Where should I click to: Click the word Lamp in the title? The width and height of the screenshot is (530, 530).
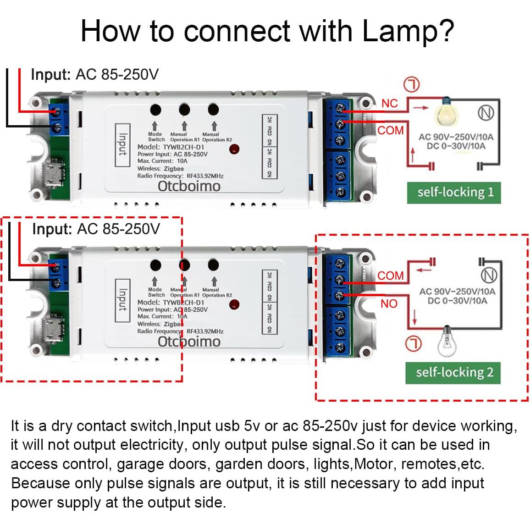pyautogui.click(x=398, y=31)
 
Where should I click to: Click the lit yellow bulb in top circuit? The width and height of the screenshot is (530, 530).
pyautogui.click(x=445, y=112)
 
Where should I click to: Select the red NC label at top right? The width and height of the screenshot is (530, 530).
pyautogui.click(x=389, y=104)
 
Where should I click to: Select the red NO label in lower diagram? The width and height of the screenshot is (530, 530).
pyautogui.click(x=389, y=304)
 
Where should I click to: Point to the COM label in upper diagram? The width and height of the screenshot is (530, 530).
pyautogui.click(x=390, y=131)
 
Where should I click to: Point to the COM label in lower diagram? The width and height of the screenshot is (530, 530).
pyautogui.click(x=390, y=276)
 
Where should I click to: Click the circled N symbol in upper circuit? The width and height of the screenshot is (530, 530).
pyautogui.click(x=486, y=113)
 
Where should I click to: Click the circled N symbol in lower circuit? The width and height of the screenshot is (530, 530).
pyautogui.click(x=489, y=275)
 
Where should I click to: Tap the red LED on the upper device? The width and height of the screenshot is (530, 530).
pyautogui.click(x=234, y=149)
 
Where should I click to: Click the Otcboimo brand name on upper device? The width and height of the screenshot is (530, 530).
pyautogui.click(x=189, y=186)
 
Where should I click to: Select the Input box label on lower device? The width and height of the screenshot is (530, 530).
pyautogui.click(x=122, y=300)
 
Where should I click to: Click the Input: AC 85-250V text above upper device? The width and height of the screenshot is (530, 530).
pyautogui.click(x=94, y=74)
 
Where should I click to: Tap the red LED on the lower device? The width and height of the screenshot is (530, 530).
pyautogui.click(x=234, y=304)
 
